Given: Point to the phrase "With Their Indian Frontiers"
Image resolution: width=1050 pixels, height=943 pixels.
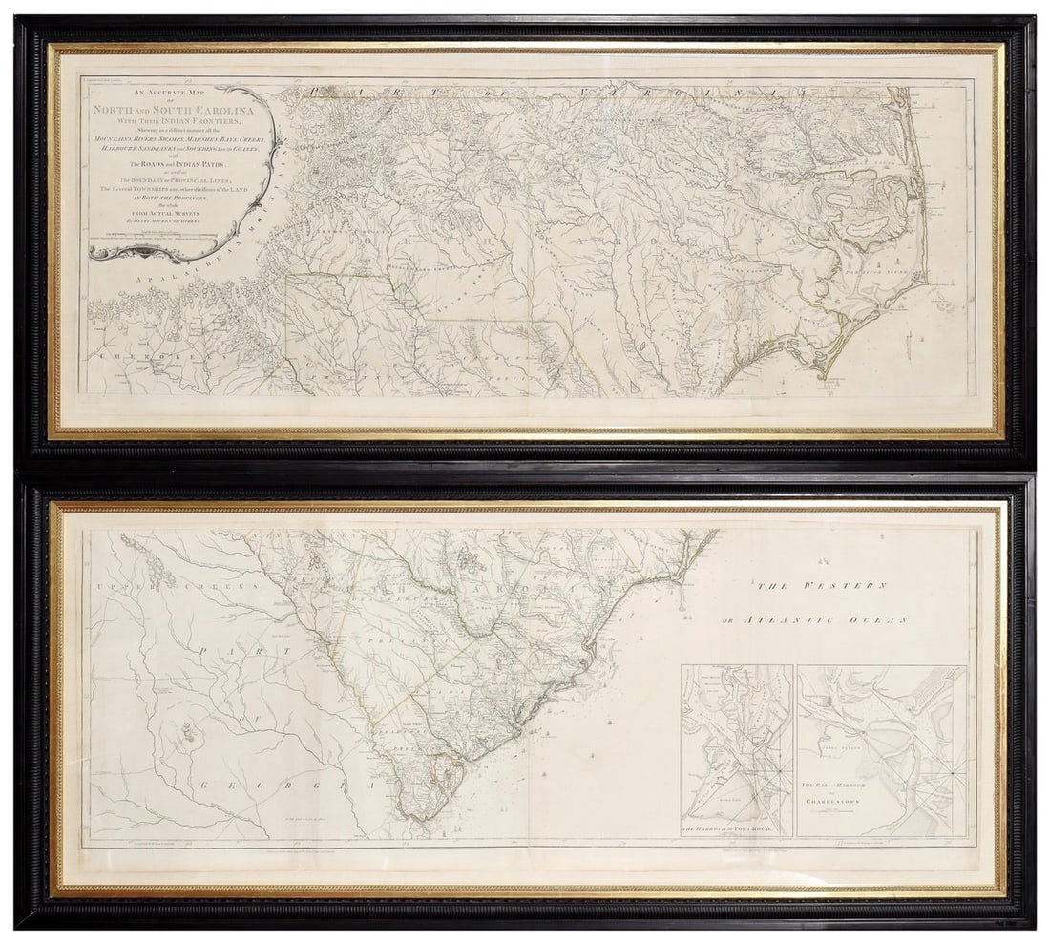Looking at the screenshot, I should pos(169,121).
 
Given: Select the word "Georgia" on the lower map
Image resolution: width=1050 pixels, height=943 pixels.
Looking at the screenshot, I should pos(277,786).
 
